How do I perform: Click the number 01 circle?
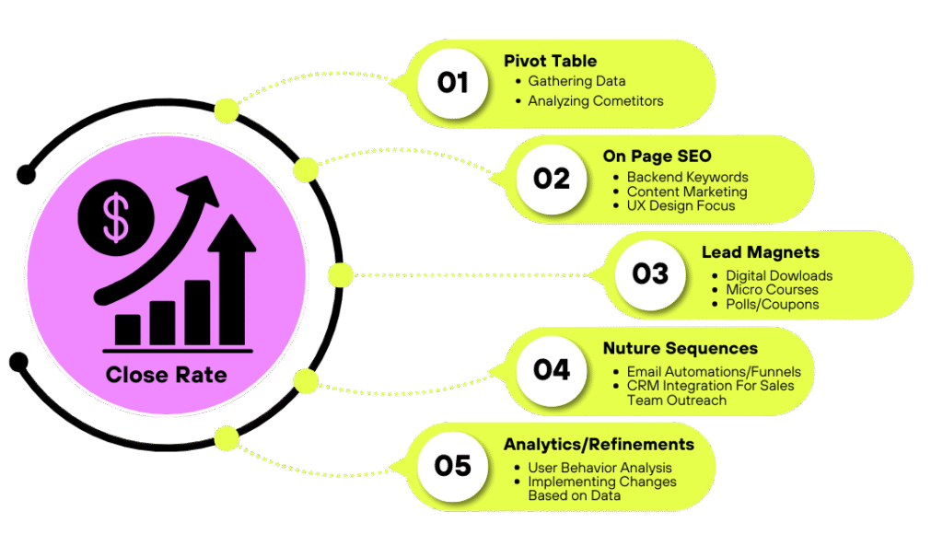[x=453, y=83]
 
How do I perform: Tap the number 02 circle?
[x=552, y=178]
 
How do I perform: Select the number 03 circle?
[x=650, y=273]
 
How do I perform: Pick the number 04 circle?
[x=552, y=369]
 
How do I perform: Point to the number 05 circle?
[x=453, y=465]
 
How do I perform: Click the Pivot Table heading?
[x=550, y=61]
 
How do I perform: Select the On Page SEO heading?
[x=657, y=157]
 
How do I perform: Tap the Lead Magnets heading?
[x=760, y=252]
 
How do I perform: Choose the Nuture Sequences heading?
[x=680, y=348]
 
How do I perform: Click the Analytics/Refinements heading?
[x=599, y=445]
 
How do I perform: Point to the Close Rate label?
[x=166, y=375]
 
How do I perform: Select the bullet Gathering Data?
[x=576, y=81]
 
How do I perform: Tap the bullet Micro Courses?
[x=772, y=290]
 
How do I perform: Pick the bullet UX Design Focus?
[x=681, y=205]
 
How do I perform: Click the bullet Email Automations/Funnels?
[x=714, y=372]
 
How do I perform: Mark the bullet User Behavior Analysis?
[x=600, y=468]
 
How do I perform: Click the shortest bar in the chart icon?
[x=128, y=329]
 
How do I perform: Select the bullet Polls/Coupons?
[x=772, y=304]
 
